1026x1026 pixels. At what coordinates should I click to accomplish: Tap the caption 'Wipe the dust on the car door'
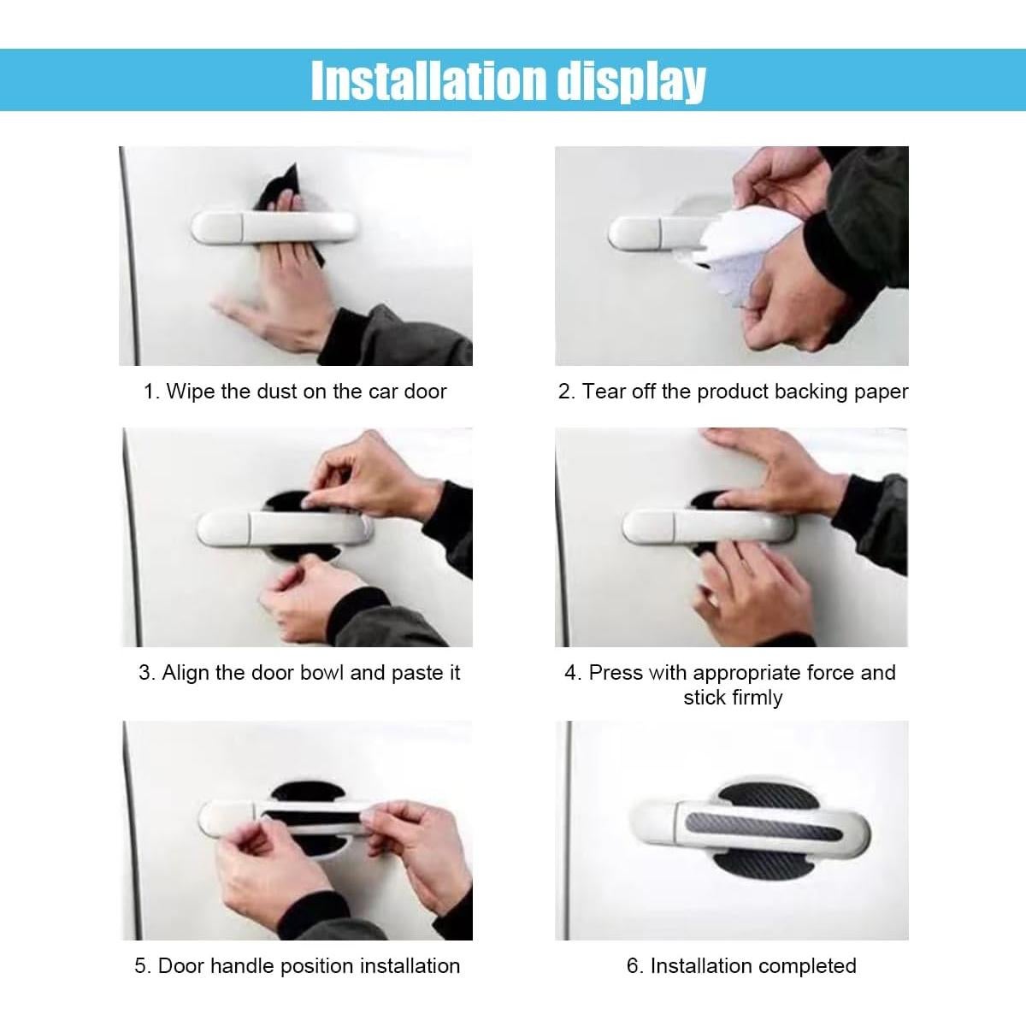pos(295,392)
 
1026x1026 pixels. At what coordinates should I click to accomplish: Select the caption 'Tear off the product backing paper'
pos(733,392)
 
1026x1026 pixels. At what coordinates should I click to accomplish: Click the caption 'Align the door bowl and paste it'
pos(299,673)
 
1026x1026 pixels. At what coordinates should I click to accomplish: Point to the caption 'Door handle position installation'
pos(297,966)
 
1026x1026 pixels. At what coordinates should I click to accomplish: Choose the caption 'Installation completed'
pos(741,966)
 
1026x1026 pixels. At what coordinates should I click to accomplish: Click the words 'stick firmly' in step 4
pos(733,698)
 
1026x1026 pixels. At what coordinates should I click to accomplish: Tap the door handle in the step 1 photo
pos(274,227)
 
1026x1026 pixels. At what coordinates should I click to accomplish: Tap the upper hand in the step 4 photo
pos(769,470)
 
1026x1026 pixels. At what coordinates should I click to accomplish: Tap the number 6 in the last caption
pos(633,966)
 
